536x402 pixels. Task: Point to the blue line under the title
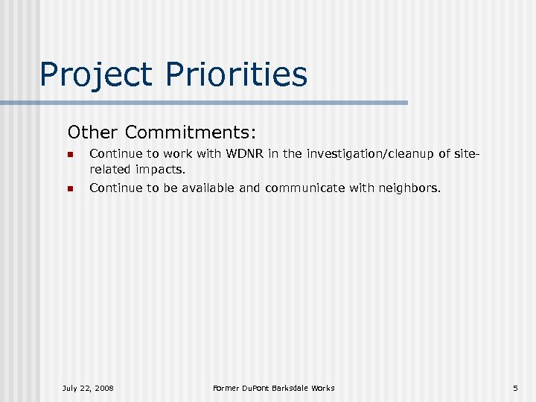pos(223,103)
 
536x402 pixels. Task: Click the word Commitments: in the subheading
pos(191,133)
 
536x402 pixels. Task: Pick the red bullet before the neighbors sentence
pos(69,189)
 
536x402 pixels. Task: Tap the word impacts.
pos(160,169)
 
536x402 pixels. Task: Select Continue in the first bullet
pos(114,155)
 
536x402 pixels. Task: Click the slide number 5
pos(514,388)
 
